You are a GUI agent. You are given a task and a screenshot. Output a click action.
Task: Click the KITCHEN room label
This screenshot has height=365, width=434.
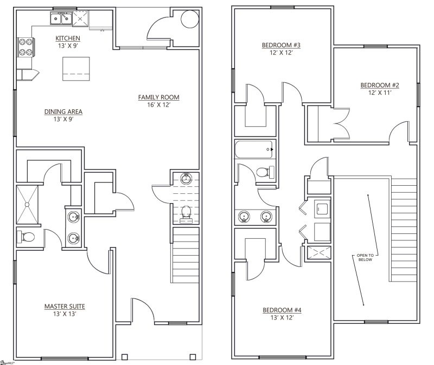tap(68, 38)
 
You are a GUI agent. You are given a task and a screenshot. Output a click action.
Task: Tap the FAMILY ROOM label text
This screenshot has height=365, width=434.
tap(158, 97)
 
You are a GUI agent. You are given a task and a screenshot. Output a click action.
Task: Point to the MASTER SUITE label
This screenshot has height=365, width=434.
tap(64, 307)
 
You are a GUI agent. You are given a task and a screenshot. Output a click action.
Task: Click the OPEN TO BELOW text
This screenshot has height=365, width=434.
tap(365, 257)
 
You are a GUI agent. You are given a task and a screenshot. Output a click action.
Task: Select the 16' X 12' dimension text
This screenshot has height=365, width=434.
tap(158, 105)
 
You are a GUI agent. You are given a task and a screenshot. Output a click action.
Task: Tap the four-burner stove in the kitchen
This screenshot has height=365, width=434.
tap(25, 47)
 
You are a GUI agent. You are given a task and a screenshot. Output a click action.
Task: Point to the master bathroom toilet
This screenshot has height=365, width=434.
tap(27, 237)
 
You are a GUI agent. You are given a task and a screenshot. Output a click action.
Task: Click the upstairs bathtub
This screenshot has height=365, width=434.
tap(255, 148)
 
